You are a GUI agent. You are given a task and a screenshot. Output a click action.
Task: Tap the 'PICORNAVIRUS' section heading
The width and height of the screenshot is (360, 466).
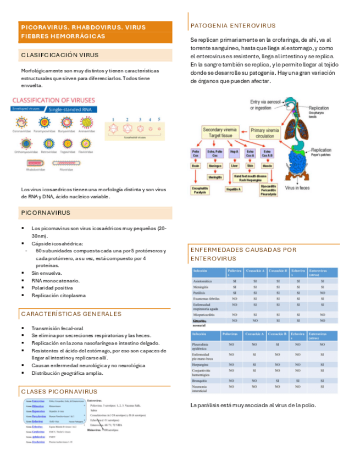pyautogui.click(x=47, y=212)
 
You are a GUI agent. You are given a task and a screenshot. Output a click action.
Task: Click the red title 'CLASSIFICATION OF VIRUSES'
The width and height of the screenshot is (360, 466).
pyautogui.click(x=53, y=100)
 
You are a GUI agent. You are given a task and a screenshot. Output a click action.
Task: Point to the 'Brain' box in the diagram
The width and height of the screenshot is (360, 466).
pyautogui.click(x=195, y=165)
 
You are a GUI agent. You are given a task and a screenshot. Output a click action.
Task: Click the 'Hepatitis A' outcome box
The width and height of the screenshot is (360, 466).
pyautogui.click(x=234, y=188)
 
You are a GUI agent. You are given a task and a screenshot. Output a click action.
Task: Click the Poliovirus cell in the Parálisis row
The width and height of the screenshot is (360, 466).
pyautogui.click(x=234, y=293)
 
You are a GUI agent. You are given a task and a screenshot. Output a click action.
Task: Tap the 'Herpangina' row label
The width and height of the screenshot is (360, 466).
pyautogui.click(x=200, y=364)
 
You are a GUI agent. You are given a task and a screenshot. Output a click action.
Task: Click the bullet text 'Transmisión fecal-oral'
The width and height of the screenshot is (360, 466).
pyautogui.click(x=53, y=328)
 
